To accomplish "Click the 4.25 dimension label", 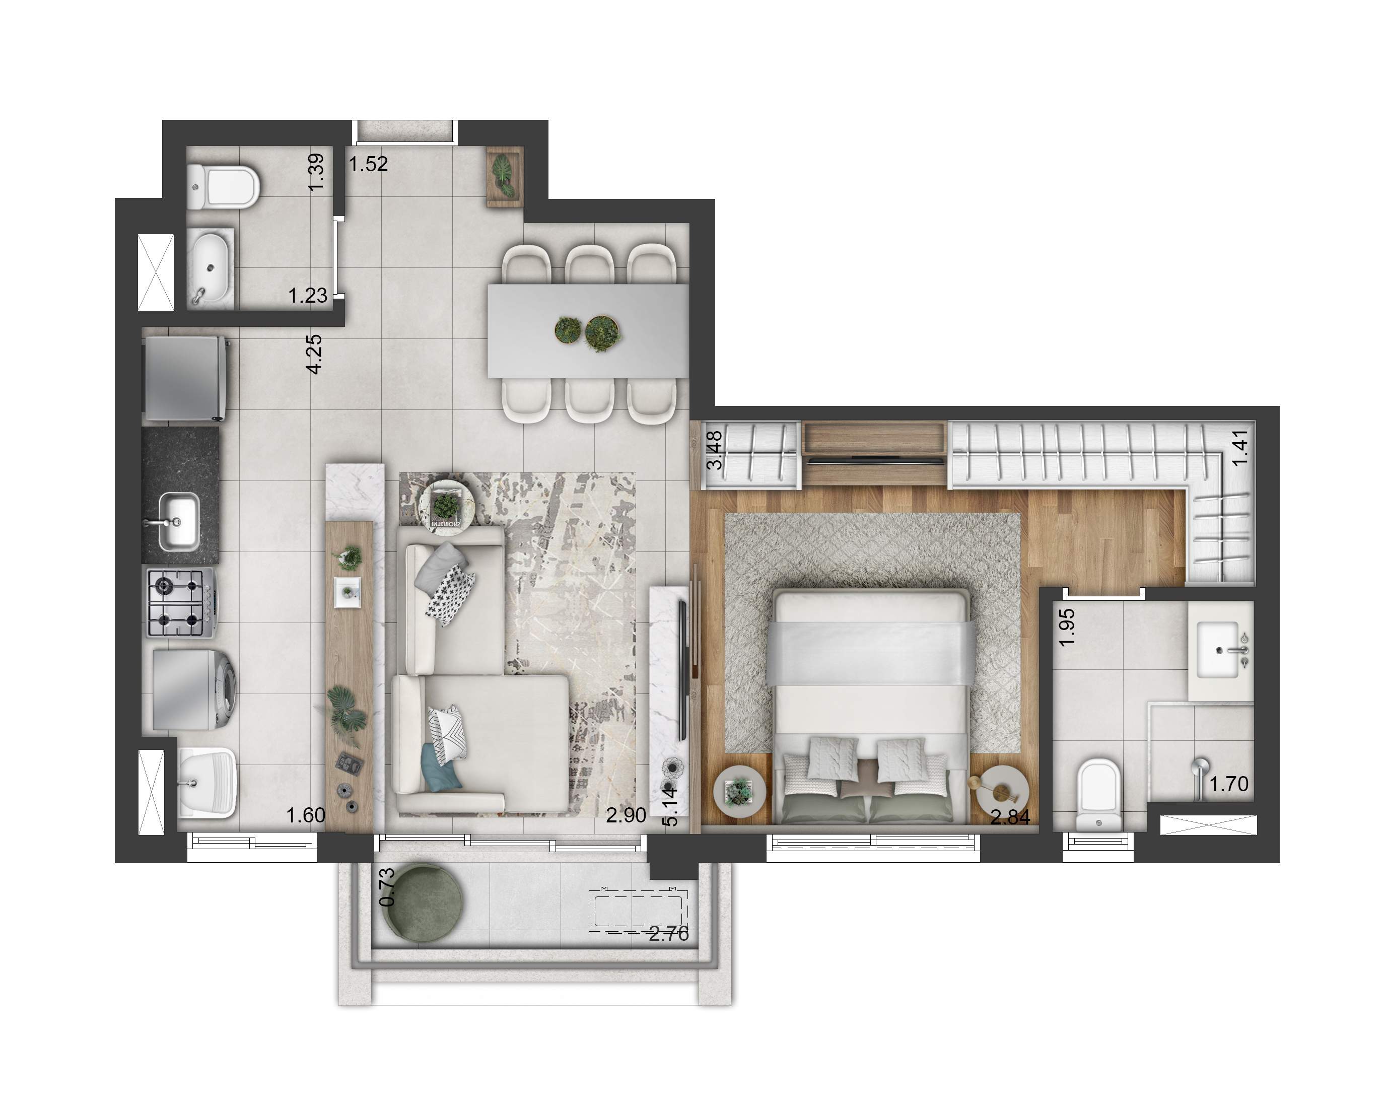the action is [x=314, y=354].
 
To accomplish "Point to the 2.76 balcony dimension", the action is [x=668, y=934].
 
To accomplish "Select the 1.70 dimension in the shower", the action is [x=1229, y=784].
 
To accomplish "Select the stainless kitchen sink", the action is [x=177, y=522].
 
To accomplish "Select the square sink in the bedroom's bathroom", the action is [x=1218, y=650].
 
